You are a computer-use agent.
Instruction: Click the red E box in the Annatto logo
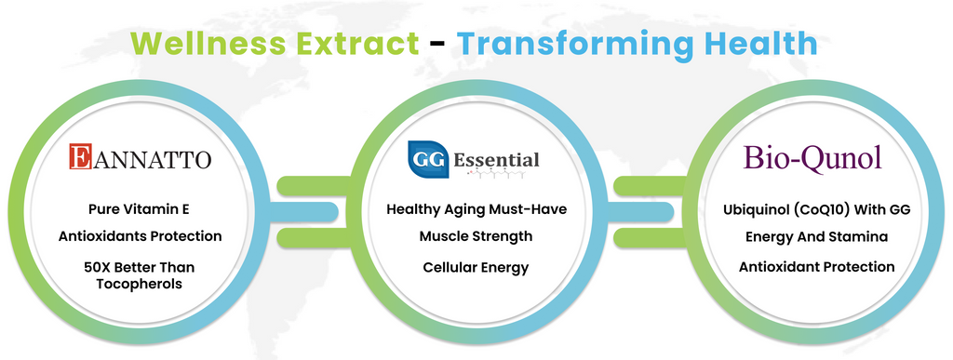point(80,156)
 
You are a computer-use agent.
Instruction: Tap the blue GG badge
point(428,160)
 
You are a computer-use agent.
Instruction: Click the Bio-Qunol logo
point(812,158)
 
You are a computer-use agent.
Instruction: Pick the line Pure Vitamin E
point(140,209)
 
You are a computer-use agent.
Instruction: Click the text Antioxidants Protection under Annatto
point(140,236)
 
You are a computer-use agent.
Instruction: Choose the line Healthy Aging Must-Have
point(476,209)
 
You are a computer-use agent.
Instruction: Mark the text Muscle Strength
point(476,236)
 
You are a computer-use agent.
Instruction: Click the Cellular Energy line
point(476,267)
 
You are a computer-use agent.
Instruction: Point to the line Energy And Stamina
point(816,237)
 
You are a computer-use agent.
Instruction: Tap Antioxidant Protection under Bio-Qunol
point(816,266)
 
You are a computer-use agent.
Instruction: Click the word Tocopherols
point(140,284)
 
